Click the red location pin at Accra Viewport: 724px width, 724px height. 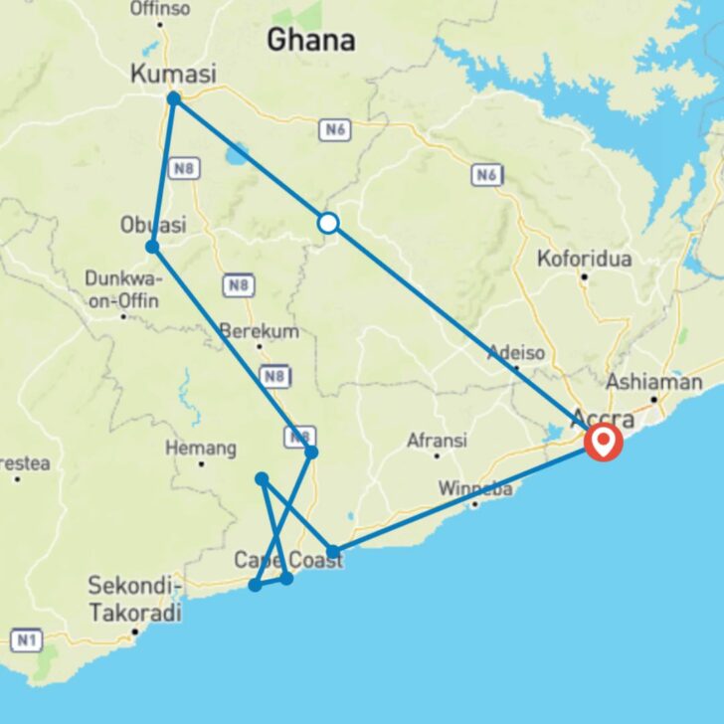[604, 441]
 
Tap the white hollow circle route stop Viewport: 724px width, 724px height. [328, 223]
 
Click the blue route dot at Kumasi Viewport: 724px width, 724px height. [173, 98]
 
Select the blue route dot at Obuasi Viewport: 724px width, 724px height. [151, 247]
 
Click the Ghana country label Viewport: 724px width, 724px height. [310, 40]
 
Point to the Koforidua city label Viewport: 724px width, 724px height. [584, 259]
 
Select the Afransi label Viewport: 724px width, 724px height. [437, 440]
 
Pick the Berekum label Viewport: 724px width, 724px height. [260, 331]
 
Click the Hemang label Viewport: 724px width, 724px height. [201, 449]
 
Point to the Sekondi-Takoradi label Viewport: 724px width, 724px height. [134, 599]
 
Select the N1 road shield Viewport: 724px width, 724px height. [26, 639]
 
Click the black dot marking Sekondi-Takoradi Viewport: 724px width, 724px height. [134, 631]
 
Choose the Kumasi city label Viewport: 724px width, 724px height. [173, 73]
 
